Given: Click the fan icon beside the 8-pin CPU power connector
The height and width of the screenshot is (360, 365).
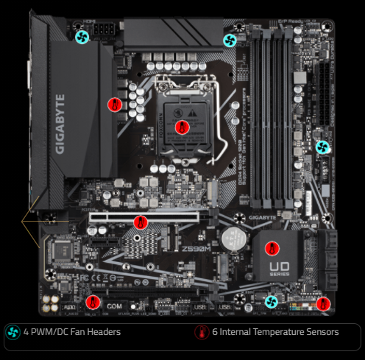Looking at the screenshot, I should (x=82, y=36).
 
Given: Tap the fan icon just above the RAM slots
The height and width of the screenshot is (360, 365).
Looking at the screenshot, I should (x=230, y=39).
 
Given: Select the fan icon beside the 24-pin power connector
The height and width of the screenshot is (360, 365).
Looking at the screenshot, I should (x=322, y=147).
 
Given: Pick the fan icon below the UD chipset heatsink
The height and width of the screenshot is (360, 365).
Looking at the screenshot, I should (x=272, y=302).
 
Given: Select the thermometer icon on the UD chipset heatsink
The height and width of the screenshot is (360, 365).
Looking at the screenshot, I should (x=271, y=249).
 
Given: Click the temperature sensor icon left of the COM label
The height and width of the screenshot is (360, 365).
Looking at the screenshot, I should (x=93, y=302).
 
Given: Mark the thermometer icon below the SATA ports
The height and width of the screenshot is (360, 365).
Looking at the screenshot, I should (x=322, y=303).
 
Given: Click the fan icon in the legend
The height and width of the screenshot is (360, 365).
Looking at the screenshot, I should (x=13, y=333).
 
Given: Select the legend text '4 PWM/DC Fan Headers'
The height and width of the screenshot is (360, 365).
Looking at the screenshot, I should (x=71, y=333).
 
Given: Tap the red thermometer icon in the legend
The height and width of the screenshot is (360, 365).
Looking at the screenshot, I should (x=201, y=333).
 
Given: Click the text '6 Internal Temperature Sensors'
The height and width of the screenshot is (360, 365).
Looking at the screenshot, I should (x=276, y=333).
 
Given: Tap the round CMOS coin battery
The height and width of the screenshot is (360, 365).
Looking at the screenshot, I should (x=235, y=236).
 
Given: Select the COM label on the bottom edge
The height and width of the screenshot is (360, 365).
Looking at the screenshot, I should (x=114, y=306).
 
